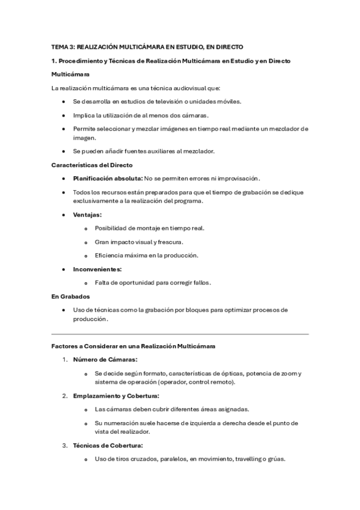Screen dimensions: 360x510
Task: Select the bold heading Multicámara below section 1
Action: (x=70, y=75)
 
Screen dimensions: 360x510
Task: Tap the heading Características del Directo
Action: (x=92, y=165)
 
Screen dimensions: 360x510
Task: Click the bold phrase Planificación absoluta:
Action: (x=108, y=179)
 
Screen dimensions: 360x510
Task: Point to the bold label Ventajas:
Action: (x=87, y=215)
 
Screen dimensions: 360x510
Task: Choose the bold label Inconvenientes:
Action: (x=97, y=269)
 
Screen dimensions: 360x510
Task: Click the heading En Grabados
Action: (x=70, y=296)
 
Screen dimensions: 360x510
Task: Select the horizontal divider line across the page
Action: (x=180, y=334)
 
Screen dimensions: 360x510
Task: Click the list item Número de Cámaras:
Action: (x=105, y=360)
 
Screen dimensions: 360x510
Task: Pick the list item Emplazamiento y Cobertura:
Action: (x=116, y=396)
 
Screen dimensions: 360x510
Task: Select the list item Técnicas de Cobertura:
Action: (x=108, y=446)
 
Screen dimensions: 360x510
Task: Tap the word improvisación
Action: (x=239, y=179)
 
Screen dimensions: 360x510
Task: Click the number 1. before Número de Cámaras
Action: (x=65, y=360)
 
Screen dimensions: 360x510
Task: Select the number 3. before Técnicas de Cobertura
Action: (x=65, y=446)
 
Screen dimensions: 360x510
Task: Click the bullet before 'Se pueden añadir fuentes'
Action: (x=64, y=151)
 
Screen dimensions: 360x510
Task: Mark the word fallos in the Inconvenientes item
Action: (x=200, y=282)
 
